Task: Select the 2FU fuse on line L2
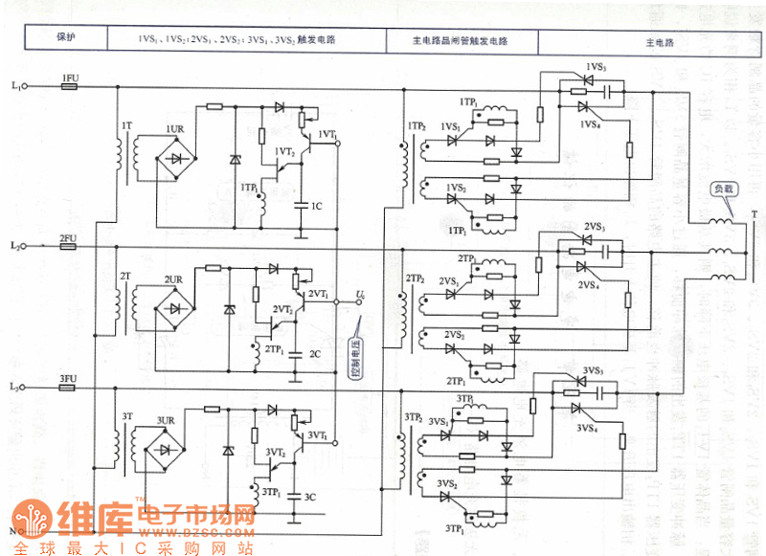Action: [x=68, y=246]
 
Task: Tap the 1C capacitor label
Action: [x=317, y=206]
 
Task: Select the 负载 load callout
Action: [x=723, y=189]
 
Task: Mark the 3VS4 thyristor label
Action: [x=588, y=429]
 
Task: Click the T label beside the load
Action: [x=754, y=215]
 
